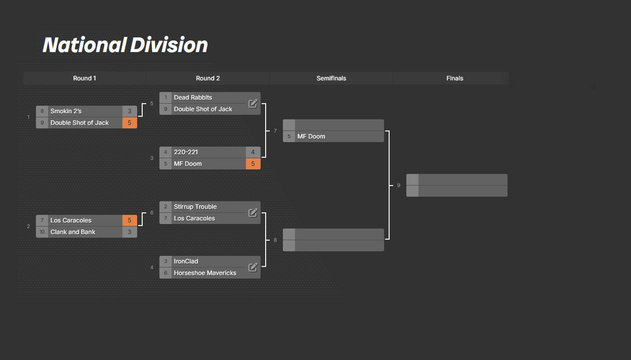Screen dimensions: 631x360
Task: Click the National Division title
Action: [x=125, y=45]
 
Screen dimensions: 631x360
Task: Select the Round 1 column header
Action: [x=85, y=78]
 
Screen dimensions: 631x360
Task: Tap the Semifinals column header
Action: [x=331, y=78]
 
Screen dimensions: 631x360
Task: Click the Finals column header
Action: [x=455, y=78]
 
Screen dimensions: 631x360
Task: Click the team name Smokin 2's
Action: [x=66, y=111]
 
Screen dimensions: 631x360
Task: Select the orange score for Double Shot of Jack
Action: [x=130, y=123]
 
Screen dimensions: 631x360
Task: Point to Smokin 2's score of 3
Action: [x=130, y=111]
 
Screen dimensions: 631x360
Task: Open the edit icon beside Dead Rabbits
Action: [x=253, y=103]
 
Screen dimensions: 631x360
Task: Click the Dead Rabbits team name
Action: [x=193, y=98]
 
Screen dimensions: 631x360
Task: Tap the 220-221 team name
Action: [x=186, y=152]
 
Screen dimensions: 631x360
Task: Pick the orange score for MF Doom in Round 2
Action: [x=253, y=163]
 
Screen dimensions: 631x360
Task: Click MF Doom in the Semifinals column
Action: [x=311, y=137]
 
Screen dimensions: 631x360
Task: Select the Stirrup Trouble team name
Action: [x=195, y=207]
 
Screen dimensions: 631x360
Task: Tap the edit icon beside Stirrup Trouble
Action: [x=253, y=212]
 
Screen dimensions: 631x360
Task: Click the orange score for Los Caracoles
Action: [x=130, y=220]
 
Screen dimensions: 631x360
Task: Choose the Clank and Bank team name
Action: [x=73, y=232]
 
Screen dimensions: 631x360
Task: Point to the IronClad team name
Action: [x=186, y=261]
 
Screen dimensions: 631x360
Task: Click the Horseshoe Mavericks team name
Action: [x=205, y=273]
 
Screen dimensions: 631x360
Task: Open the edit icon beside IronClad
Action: [x=253, y=267]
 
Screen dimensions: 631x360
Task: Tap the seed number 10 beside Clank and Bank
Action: [x=42, y=232]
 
